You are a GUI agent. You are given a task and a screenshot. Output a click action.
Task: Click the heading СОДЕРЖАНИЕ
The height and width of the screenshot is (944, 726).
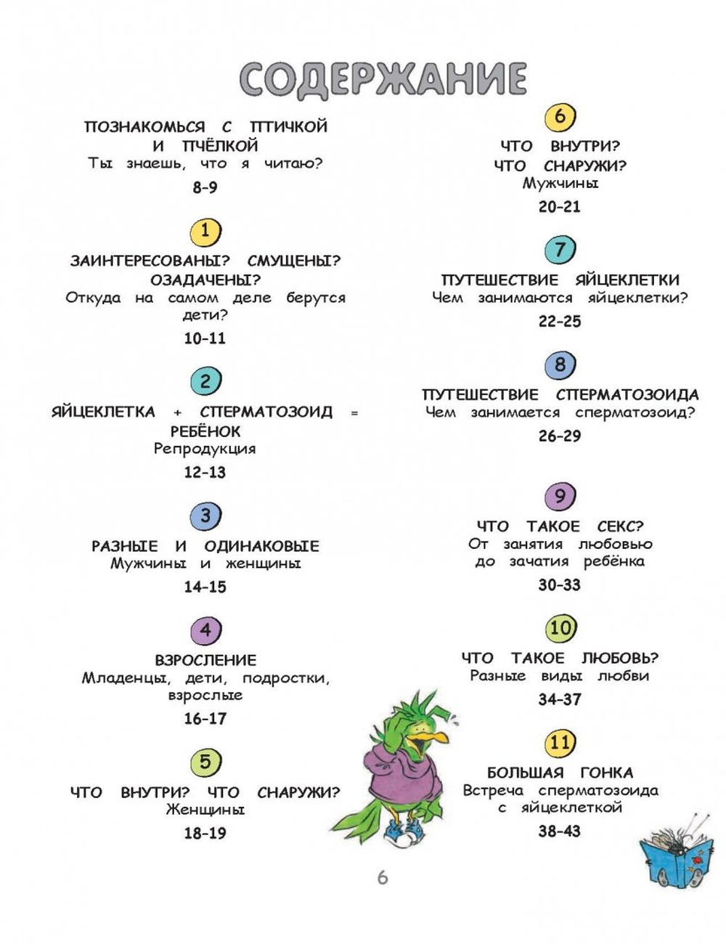click(x=383, y=78)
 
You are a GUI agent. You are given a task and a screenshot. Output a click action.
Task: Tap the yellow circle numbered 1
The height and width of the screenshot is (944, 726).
click(x=205, y=231)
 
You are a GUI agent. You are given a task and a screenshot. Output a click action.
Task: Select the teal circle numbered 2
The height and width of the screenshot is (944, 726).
click(x=205, y=381)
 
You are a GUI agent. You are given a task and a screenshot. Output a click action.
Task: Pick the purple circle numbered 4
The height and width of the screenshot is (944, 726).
click(x=205, y=630)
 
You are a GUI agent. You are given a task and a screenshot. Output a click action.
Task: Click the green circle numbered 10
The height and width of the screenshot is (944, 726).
click(x=560, y=628)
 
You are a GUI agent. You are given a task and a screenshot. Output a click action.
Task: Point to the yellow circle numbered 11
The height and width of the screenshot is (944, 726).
click(x=560, y=742)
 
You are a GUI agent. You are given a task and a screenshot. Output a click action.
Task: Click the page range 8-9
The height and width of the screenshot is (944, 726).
click(x=205, y=187)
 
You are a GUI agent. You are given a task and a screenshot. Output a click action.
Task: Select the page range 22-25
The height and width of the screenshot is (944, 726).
click(x=560, y=322)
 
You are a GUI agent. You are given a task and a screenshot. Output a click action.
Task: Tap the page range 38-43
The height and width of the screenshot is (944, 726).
click(x=560, y=831)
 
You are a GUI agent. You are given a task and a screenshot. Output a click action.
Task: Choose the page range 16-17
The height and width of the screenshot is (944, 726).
click(x=205, y=719)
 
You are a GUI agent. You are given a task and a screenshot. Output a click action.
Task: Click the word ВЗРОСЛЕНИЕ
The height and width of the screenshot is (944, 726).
click(x=205, y=660)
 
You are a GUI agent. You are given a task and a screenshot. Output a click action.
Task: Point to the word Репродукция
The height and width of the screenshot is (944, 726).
click(x=205, y=449)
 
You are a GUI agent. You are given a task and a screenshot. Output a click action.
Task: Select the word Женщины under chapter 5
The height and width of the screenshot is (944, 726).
click(x=205, y=810)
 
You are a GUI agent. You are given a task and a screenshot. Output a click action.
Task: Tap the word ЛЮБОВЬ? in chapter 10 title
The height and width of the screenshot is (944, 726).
click(x=620, y=658)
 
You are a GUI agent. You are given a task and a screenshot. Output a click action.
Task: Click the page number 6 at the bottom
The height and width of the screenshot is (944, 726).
click(x=382, y=877)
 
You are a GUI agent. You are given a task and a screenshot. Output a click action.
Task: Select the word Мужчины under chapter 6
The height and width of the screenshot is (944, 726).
click(x=560, y=183)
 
